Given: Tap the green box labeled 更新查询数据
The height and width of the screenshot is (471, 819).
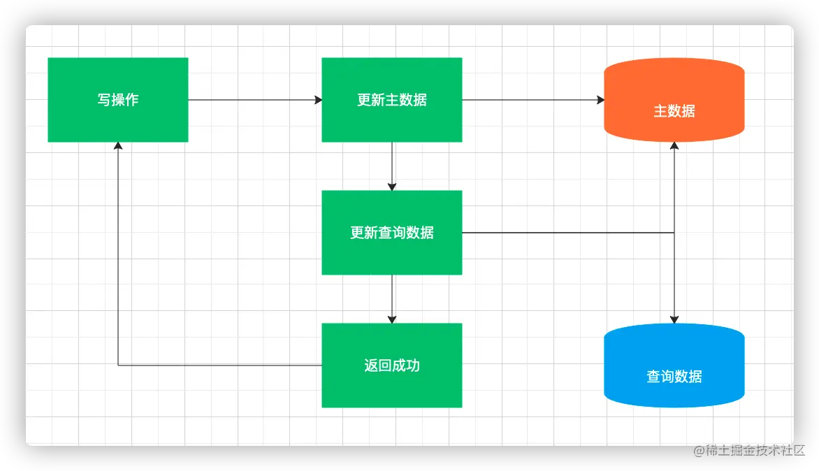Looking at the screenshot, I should coord(391,255).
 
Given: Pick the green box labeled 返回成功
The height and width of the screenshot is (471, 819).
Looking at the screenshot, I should coord(391,388).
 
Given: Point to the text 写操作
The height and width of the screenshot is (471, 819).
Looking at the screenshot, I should coord(118,100).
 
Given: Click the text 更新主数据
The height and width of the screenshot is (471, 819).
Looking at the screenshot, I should coord(392,100).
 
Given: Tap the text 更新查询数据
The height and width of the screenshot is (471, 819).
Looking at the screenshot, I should coord(392,233).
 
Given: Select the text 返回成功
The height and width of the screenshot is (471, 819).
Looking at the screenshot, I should coord(392,365).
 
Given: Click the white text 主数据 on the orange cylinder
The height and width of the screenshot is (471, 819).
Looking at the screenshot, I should coord(674,111).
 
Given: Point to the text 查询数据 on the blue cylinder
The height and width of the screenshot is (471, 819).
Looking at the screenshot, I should coord(674,377).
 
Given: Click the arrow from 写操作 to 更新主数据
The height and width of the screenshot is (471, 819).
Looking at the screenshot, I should coord(255,100).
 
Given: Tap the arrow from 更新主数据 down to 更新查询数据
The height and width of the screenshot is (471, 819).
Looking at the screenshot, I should coord(392,166).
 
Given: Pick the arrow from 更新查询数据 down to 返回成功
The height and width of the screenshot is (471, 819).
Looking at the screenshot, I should coord(392,298).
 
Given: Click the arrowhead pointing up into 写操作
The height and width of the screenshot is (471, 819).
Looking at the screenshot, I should coord(118,146).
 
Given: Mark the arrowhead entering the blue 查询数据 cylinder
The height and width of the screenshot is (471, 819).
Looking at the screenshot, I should coord(674,319).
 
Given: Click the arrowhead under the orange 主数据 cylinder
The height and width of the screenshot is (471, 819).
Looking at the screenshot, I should coord(674,146).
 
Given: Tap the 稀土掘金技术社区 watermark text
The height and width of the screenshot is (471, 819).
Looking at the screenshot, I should coord(748,449).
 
